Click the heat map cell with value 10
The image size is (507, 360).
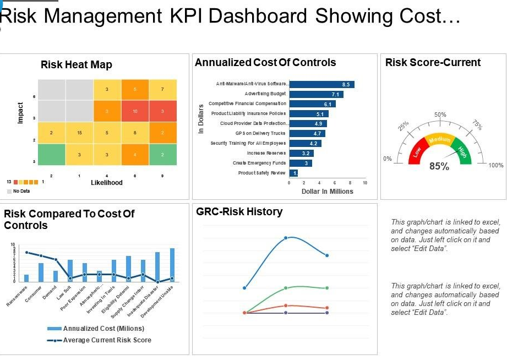coord(135,111)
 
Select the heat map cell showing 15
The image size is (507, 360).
coord(79,133)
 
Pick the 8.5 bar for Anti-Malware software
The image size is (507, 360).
coord(321,84)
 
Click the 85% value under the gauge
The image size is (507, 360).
coord(439,166)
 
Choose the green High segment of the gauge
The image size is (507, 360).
coord(461,149)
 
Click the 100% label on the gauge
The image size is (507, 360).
coord(495,165)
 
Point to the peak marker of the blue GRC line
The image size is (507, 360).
coord(286,238)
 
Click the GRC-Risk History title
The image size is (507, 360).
coord(239,212)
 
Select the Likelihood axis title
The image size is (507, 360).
coord(106,182)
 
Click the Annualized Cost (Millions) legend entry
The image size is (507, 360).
coord(97,329)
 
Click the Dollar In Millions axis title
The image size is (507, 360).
coord(327,192)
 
